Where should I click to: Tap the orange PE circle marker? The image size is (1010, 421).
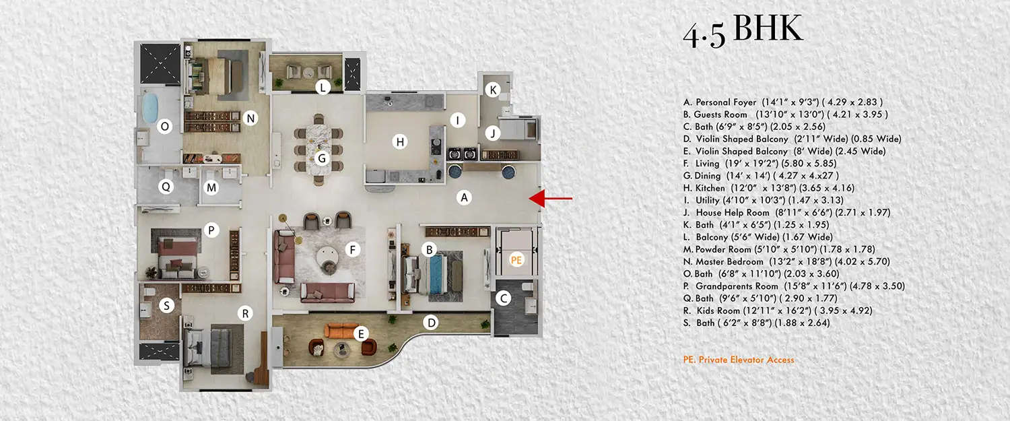pyautogui.click(x=516, y=259)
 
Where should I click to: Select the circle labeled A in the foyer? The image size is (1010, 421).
pyautogui.click(x=463, y=198)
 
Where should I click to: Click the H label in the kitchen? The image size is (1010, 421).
pyautogui.click(x=401, y=141)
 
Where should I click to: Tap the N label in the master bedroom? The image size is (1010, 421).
pyautogui.click(x=251, y=119)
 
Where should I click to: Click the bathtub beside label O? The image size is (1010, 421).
pyautogui.click(x=148, y=107)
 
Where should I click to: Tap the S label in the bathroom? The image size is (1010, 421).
pyautogui.click(x=167, y=306)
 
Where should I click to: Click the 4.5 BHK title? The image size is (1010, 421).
pyautogui.click(x=743, y=31)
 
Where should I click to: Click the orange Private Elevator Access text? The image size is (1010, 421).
pyautogui.click(x=739, y=360)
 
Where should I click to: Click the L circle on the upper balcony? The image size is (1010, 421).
pyautogui.click(x=323, y=87)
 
